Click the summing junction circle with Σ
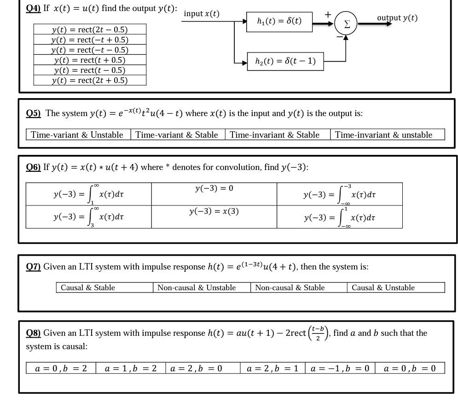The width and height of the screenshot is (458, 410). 346,24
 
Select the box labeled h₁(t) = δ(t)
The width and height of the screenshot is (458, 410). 279,21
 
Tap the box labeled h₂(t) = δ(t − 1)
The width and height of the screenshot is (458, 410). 285,61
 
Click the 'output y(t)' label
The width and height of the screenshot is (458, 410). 397,18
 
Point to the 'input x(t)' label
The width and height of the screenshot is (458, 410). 202,14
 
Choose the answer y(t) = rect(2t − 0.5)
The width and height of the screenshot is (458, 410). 90,29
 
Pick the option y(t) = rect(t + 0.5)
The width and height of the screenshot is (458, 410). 90,60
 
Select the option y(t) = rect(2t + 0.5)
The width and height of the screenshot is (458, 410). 90,80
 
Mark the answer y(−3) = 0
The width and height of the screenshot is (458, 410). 214,188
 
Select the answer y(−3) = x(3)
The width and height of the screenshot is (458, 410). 214,211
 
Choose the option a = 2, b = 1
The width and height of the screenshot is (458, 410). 272,368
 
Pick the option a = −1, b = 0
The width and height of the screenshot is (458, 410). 340,368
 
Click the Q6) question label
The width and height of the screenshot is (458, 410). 33,167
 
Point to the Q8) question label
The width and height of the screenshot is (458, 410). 33,333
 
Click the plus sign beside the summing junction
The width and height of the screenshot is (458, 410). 328,15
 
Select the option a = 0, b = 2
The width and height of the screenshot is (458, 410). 61,368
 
